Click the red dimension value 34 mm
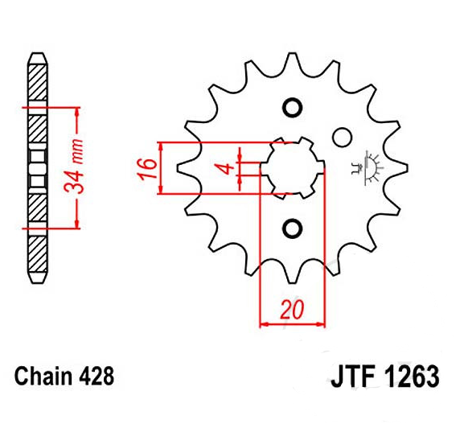pyautogui.click(x=74, y=166)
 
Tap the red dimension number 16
pyautogui.click(x=147, y=169)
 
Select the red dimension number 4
pyautogui.click(x=227, y=168)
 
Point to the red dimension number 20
pyautogui.click(x=292, y=310)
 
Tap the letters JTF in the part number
pyautogui.click(x=353, y=376)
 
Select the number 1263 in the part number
pyautogui.click(x=411, y=376)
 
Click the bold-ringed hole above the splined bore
pyautogui.click(x=293, y=107)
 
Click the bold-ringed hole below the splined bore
pyautogui.click(x=293, y=228)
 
